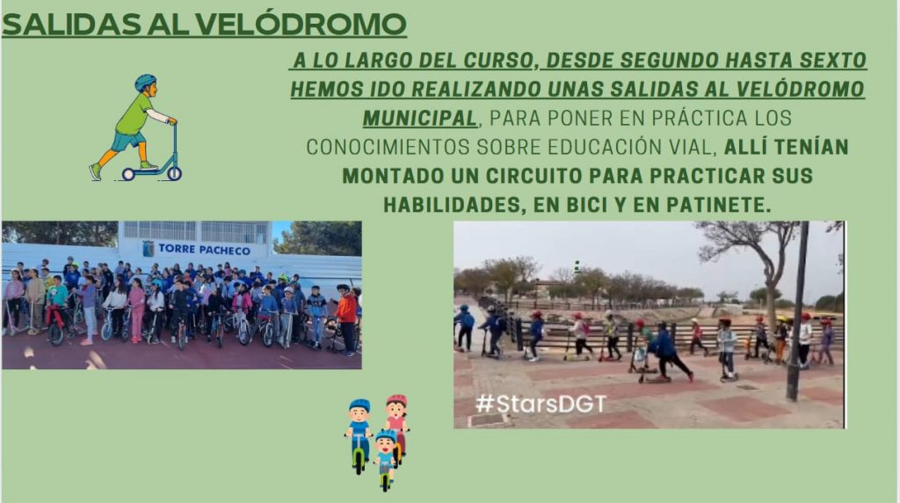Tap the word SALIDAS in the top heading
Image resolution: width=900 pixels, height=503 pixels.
pyautogui.click(x=70, y=25)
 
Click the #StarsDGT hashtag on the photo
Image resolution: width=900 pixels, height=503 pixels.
pyautogui.click(x=541, y=404)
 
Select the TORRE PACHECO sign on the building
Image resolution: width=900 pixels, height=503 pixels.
pyautogui.click(x=204, y=249)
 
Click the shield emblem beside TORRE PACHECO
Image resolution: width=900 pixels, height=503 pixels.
pyautogui.click(x=148, y=249)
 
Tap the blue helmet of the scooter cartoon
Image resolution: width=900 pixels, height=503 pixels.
pyautogui.click(x=145, y=82)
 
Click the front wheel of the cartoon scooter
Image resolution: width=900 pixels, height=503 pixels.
pyautogui.click(x=174, y=173)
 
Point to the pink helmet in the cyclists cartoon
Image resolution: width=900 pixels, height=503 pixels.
pyautogui.click(x=396, y=399)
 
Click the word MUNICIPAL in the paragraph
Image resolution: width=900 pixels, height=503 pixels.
pyautogui.click(x=420, y=119)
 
